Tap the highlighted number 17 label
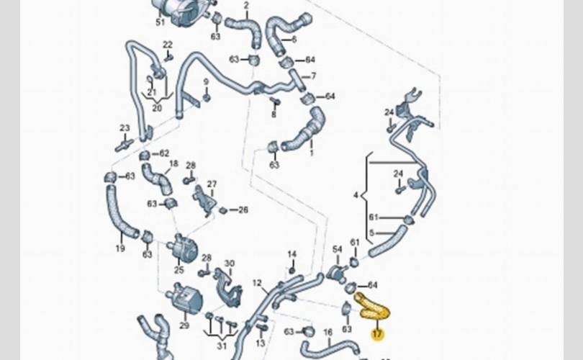coord(377,334)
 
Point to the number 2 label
coord(246,6)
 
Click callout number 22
coord(168,45)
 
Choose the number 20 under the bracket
coord(156,109)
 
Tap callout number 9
coord(206,82)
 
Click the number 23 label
coord(125,129)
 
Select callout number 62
coord(164,153)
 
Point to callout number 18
coord(173,164)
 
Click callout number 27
coord(212,184)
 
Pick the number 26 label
coord(243,210)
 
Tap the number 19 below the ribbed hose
coord(120,249)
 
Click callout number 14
coord(291,254)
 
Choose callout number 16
coord(327,333)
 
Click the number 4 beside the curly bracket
coord(356,195)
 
